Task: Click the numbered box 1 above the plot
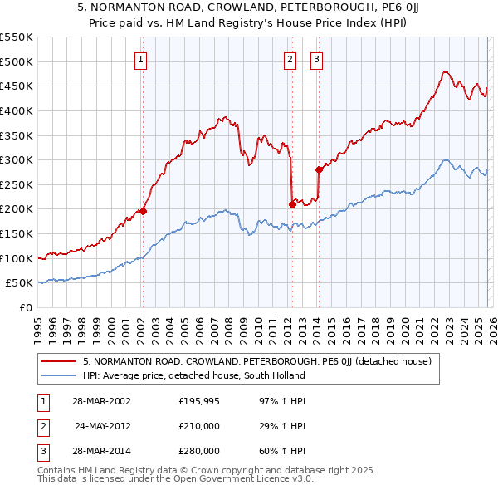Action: point(141,59)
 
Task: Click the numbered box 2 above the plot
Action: point(290,59)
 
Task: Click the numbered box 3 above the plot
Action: point(317,59)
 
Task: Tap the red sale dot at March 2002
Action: point(143,211)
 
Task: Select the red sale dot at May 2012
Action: point(291,203)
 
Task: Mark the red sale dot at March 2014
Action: point(319,169)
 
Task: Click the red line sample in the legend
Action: point(59,362)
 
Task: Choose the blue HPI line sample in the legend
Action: point(59,375)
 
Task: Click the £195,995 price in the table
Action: point(198,401)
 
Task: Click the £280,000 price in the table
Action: point(198,451)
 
